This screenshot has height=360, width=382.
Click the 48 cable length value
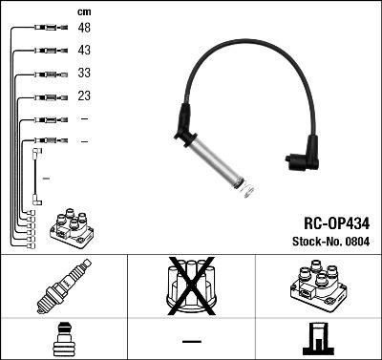click(x=84, y=30)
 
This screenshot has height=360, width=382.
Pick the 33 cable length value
click(x=84, y=74)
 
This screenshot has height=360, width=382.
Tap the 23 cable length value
click(x=84, y=95)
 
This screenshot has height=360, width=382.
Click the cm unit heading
click(x=83, y=11)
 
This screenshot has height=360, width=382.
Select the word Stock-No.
click(x=310, y=240)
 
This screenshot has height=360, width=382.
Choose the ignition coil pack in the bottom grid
click(x=318, y=286)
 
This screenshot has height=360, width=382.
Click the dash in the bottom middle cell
click(x=191, y=342)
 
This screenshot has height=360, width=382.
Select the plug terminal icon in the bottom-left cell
click(x=61, y=341)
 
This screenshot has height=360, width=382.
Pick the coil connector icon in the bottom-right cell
click(x=317, y=341)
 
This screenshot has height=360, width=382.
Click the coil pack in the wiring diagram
click(x=73, y=226)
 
